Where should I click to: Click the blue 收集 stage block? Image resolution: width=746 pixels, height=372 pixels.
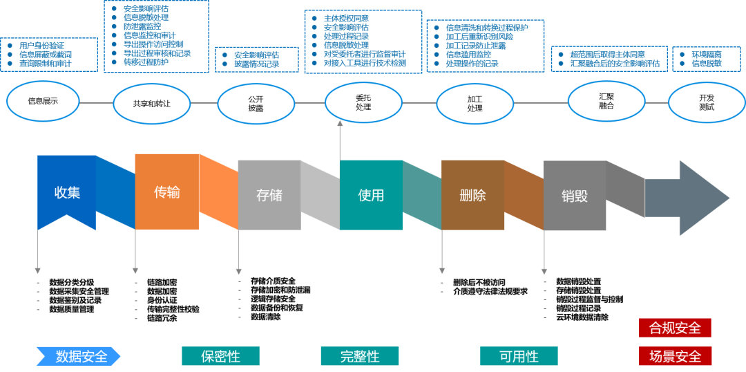coord(67,192)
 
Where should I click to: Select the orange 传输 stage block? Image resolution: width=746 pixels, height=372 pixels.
coord(166,192)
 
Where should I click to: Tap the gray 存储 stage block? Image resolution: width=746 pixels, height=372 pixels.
coord(269,194)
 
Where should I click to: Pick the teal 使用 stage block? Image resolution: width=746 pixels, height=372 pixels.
coord(371,194)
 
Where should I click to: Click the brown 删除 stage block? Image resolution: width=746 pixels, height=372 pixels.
coord(472,194)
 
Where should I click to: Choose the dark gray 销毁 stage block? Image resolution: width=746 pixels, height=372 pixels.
coord(575,196)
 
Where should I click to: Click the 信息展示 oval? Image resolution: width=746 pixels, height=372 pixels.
coord(43,101)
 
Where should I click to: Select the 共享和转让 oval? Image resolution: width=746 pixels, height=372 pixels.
coord(151,104)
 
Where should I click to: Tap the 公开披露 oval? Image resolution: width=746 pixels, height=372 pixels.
coord(256,104)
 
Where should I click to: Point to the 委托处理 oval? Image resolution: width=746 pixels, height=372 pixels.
coord(363,102)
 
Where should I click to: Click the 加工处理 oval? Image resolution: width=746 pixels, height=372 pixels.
coord(475,104)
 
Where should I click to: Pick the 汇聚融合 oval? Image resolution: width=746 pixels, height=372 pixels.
coord(606,101)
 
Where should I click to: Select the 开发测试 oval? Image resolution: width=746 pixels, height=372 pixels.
coord(706,102)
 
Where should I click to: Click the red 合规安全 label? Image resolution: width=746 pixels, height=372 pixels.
coord(675,328)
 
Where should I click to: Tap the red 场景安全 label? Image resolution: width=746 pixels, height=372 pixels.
coord(675,356)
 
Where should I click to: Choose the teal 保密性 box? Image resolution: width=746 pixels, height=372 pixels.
coord(220,356)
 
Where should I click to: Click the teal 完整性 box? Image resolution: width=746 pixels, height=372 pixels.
coord(360,356)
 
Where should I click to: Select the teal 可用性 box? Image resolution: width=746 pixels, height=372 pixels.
coord(519,356)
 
